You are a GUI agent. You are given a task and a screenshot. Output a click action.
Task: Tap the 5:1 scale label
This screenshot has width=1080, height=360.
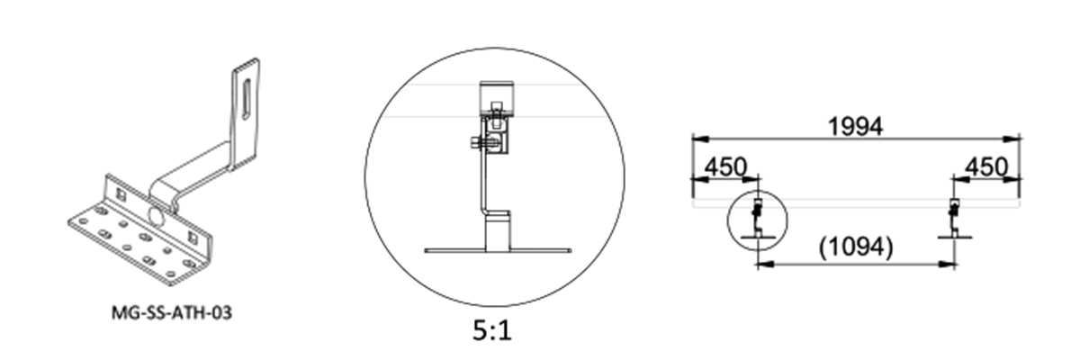[x=494, y=330]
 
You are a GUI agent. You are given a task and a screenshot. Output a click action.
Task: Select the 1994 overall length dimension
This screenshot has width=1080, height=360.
[x=854, y=125]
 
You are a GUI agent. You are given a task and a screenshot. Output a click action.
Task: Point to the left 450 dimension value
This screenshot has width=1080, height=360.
[x=725, y=167]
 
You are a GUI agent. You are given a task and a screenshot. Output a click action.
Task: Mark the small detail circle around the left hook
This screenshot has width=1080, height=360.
[x=756, y=220]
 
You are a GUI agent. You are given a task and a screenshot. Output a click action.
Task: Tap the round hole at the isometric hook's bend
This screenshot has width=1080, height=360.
[x=157, y=216]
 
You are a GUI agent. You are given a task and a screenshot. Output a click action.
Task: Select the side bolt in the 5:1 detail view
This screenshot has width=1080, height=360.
[x=474, y=141]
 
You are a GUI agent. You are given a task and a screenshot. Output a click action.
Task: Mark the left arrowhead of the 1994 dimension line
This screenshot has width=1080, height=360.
[x=696, y=138]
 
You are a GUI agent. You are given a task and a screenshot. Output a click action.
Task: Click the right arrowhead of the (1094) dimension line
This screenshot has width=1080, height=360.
[x=949, y=263]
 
